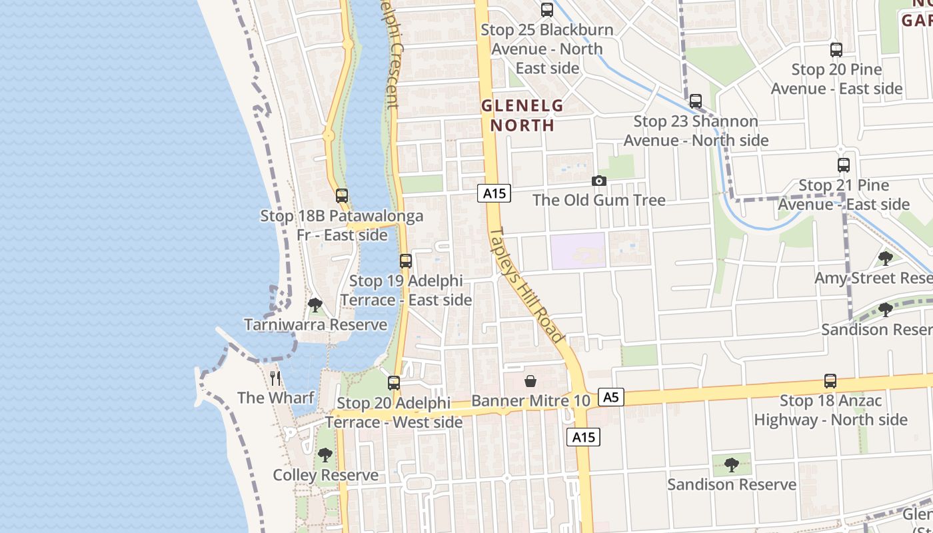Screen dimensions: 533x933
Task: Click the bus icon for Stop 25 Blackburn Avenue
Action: (547, 10)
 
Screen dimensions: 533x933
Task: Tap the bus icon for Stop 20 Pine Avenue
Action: (836, 50)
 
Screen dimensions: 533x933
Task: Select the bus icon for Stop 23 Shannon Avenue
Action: (696, 101)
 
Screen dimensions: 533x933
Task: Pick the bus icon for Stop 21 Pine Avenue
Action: (844, 165)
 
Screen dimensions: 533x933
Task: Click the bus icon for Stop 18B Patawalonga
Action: (342, 196)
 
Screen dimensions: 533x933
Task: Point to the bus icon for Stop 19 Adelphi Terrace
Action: (406, 261)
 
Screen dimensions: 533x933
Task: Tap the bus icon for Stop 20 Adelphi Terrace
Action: (394, 383)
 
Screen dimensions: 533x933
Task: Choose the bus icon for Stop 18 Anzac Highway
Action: (830, 381)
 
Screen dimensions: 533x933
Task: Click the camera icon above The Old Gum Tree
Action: (599, 181)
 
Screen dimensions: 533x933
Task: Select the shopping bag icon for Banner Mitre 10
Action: (530, 381)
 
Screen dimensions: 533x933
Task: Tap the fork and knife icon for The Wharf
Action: (275, 378)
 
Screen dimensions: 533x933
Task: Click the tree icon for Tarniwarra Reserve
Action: (315, 305)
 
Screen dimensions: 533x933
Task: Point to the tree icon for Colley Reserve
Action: (325, 455)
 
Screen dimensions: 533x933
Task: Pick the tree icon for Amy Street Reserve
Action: (886, 259)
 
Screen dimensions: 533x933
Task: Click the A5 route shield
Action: (610, 398)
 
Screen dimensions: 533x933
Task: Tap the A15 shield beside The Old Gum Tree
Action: (494, 194)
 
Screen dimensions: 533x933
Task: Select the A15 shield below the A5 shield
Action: (584, 437)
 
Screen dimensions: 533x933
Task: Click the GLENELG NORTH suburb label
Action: (522, 115)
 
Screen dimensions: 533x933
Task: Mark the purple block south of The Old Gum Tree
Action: (578, 251)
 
